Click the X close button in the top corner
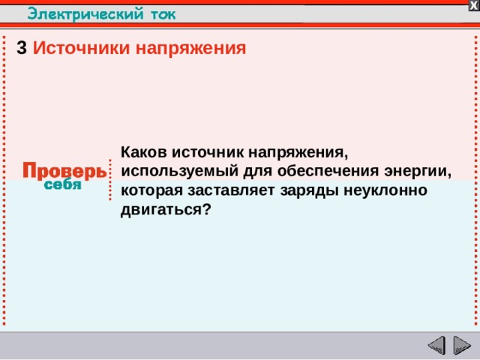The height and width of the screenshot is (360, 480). tap(473, 5)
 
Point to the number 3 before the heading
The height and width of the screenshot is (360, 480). tap(22, 49)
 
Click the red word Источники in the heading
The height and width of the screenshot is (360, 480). tap(81, 49)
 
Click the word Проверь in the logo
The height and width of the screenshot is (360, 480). tap(63, 171)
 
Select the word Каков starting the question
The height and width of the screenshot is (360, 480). tap(149, 151)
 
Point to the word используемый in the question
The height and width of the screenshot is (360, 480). tap(169, 170)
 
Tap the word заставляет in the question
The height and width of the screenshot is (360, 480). tap(226, 190)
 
